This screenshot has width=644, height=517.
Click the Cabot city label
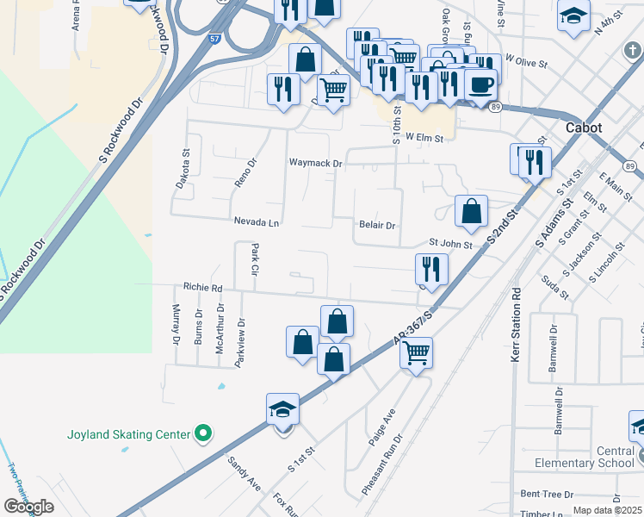583,128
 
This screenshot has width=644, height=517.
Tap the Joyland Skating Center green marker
203,433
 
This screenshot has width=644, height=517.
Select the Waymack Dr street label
316,163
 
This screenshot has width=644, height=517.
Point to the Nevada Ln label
257,222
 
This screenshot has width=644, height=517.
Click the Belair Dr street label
376,226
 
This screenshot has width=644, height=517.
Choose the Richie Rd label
202,288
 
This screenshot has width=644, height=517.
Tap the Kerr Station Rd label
517,323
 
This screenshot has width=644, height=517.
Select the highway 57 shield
214,39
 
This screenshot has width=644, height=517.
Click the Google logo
29,506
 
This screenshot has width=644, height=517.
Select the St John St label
450,245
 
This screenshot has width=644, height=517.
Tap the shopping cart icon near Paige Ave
417,352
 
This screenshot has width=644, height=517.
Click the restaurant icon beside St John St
431,269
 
